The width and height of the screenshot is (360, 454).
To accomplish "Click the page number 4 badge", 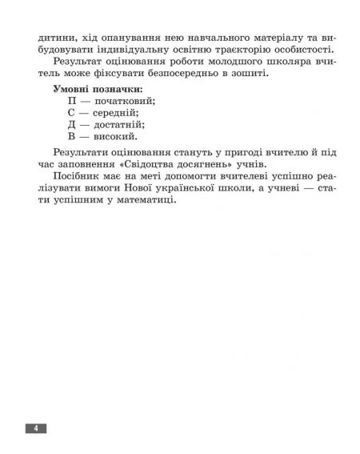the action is tap(36, 428).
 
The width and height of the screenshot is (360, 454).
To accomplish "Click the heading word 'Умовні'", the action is tap(70, 87).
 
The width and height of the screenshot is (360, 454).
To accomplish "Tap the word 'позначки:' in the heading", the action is tap(118, 87).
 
